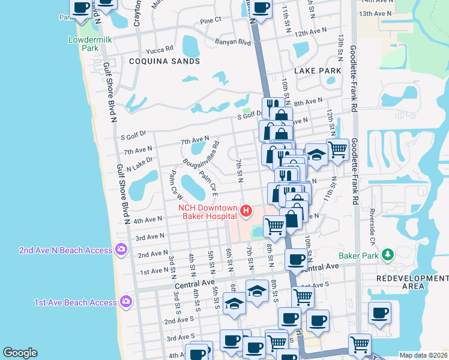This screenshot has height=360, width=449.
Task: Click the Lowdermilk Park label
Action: (x=83, y=44)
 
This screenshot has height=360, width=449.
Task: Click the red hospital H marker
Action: (x=246, y=211)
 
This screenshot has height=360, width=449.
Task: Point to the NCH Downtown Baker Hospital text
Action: (x=208, y=212)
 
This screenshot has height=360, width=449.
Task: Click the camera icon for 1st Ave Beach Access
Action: (x=125, y=301)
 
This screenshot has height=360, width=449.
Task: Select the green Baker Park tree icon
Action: (x=387, y=255)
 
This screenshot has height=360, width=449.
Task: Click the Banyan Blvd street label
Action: (x=232, y=42)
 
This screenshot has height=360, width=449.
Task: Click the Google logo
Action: (x=20, y=353)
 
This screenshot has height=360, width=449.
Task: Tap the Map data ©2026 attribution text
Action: (x=423, y=355)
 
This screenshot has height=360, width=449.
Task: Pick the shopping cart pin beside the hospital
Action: (x=274, y=226)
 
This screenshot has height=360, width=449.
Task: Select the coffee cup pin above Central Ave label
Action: (x=295, y=260)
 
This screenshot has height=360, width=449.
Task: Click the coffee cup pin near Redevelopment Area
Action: (x=379, y=313)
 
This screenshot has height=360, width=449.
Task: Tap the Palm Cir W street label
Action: (x=176, y=185)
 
